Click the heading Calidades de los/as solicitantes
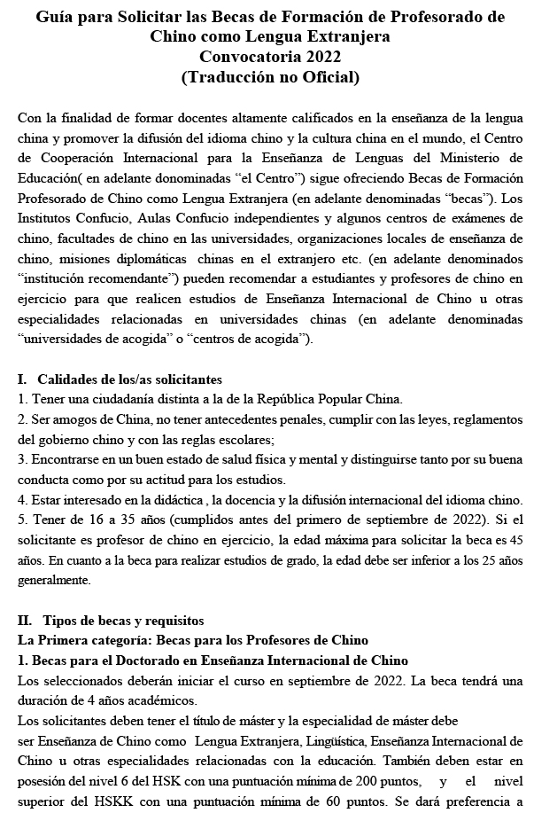click(129, 379)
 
